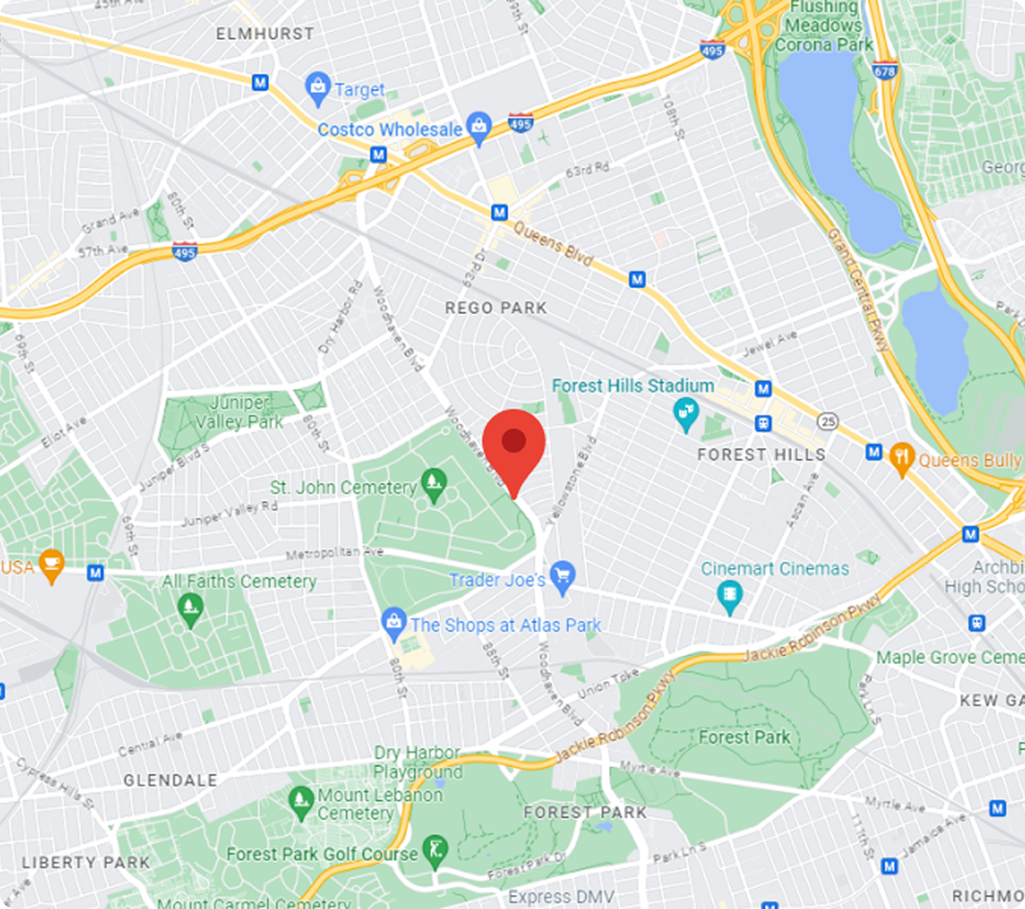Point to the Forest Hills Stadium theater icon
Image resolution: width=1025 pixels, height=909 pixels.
point(686,413)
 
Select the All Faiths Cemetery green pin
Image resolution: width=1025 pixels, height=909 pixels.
point(191,608)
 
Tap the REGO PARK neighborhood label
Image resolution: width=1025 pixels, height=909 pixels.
point(495,308)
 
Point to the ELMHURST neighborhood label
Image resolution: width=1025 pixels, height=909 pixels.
point(265,34)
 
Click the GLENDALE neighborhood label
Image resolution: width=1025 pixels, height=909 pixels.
point(171,780)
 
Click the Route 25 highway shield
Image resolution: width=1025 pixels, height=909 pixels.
point(828,421)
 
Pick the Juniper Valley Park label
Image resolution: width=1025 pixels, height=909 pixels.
point(239,412)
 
